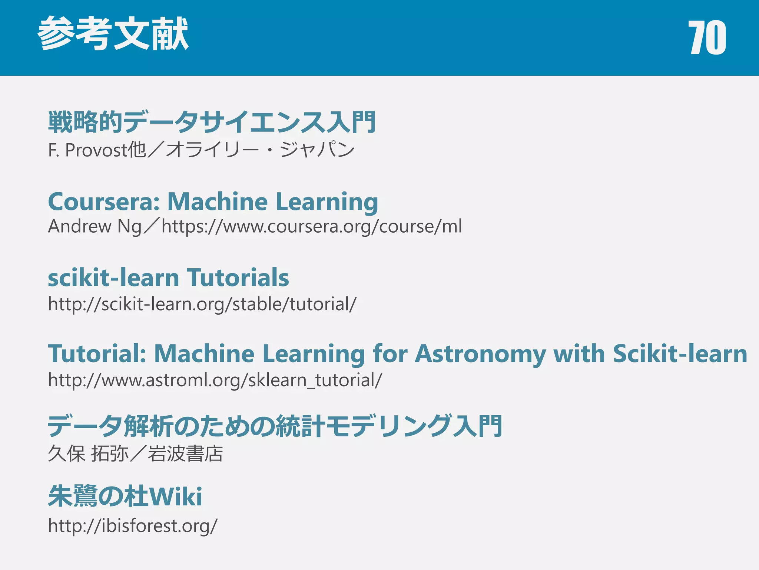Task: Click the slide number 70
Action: click(x=707, y=37)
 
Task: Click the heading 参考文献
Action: click(x=113, y=34)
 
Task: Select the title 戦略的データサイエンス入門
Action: click(x=212, y=122)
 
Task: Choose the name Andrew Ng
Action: click(x=95, y=226)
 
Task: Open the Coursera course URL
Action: click(x=312, y=226)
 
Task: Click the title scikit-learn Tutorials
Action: click(x=168, y=278)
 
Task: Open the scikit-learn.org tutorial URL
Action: click(x=202, y=304)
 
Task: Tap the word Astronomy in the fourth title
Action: click(x=480, y=353)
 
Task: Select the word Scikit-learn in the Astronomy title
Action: click(x=680, y=353)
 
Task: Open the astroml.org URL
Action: click(x=215, y=380)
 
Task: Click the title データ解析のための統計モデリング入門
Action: click(x=275, y=426)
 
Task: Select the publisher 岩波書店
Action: click(x=185, y=453)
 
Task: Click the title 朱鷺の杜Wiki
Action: click(x=125, y=496)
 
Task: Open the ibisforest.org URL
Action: click(x=133, y=526)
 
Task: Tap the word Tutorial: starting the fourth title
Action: click(x=97, y=353)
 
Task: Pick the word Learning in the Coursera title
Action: click(x=327, y=202)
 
